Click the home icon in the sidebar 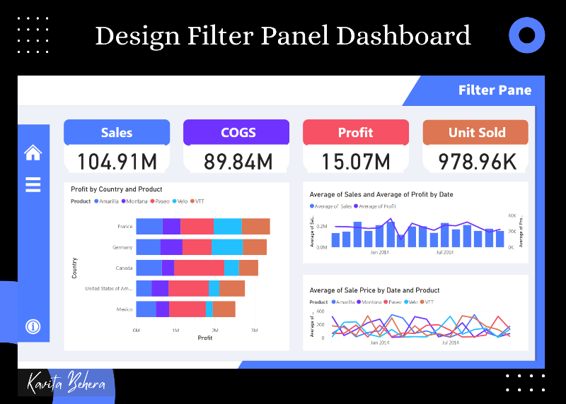point(33,152)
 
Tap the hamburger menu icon point(33,184)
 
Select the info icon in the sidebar point(33,326)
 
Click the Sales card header point(117,132)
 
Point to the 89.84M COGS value point(238,162)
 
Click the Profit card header point(355,132)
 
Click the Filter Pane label point(495,90)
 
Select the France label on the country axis point(125,227)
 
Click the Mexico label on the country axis point(124,309)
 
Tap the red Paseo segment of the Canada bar point(199,268)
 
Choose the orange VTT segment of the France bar point(255,226)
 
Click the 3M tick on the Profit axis point(255,330)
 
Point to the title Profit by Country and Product point(117,189)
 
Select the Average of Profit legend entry point(377,206)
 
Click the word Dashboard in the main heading point(403,35)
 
